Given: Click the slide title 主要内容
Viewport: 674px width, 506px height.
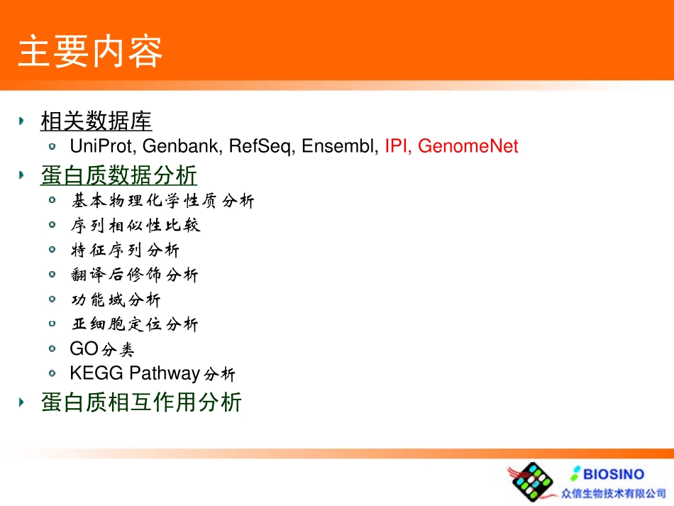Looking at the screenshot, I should point(90,53).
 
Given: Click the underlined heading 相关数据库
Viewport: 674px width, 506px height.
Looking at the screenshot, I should point(96,121).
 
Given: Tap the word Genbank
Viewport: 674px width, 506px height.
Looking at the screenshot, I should point(183,147).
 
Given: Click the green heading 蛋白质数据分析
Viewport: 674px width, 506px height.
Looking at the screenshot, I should point(118,175).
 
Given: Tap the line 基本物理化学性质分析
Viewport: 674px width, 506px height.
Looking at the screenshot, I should point(162,202).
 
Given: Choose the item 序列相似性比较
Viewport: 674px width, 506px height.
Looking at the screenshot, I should point(136,226).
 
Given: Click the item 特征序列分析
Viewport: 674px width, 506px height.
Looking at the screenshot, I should point(126,251).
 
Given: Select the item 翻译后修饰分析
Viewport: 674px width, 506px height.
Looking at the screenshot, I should point(135,275).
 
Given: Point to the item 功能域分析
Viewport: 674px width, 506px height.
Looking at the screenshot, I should point(116,300).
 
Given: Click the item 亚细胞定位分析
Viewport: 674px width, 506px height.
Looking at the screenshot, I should point(135,325).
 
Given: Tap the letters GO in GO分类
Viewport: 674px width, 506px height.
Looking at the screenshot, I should point(84,349).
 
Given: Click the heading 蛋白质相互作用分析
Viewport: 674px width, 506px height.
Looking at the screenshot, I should point(141,402).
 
